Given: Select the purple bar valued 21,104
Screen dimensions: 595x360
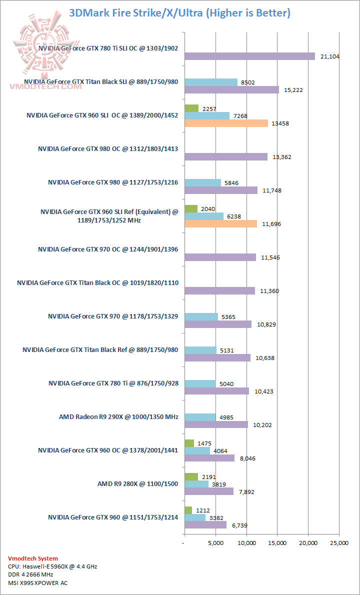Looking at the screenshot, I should click(x=249, y=56).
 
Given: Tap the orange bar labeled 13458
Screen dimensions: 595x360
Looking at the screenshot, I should click(x=226, y=123).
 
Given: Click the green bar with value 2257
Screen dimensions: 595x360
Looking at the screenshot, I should click(x=191, y=108).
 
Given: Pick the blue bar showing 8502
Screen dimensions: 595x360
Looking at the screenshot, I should click(x=211, y=82).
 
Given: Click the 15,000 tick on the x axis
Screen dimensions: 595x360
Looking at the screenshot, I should click(x=277, y=543).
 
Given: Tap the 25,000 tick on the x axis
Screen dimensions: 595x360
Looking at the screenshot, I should click(x=339, y=543).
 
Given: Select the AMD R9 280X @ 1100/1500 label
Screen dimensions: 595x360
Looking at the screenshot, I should click(x=137, y=483).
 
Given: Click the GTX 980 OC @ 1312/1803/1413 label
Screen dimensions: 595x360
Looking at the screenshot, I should click(x=108, y=148).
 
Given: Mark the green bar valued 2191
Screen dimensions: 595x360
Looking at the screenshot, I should click(x=191, y=476).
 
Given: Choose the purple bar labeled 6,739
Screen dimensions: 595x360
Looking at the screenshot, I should click(x=205, y=524).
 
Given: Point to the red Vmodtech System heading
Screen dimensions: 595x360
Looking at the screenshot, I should click(x=33, y=558).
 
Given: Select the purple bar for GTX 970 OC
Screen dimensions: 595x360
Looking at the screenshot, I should click(x=220, y=257).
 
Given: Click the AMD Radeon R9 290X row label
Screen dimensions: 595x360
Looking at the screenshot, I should click(x=118, y=416).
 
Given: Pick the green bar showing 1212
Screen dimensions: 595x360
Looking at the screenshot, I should click(x=188, y=510).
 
